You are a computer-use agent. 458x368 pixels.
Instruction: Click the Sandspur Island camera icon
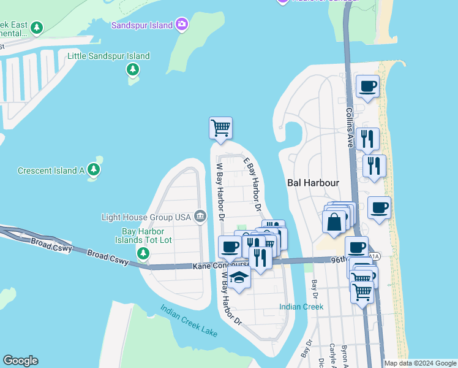click(181, 25)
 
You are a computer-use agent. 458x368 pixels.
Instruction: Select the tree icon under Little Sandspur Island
click(133, 70)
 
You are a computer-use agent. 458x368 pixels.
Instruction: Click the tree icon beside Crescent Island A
click(94, 169)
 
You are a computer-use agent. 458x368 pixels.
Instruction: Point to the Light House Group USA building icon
click(200, 217)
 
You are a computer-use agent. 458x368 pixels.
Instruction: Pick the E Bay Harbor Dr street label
click(253, 185)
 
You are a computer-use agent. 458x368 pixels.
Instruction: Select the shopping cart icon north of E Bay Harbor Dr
click(220, 128)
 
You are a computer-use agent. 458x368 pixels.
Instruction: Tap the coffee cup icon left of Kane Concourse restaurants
click(230, 247)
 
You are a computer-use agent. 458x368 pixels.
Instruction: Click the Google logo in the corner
click(20, 361)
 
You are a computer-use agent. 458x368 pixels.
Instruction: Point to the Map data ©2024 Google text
click(421, 363)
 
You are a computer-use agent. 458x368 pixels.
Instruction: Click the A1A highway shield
click(375, 256)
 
